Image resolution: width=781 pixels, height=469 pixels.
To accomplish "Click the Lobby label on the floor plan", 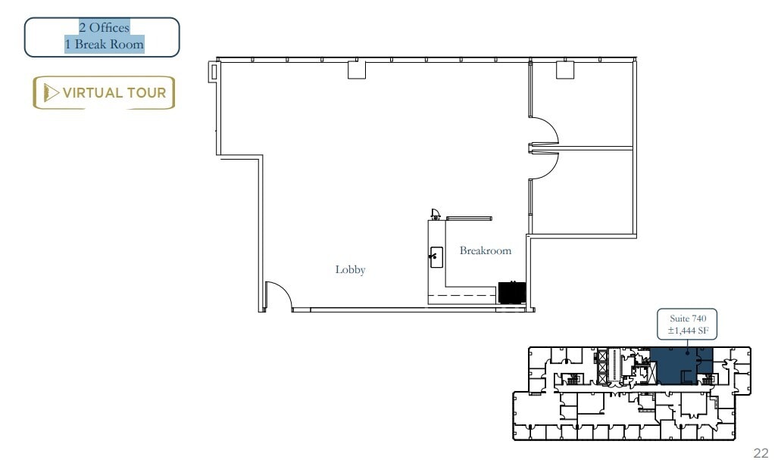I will pyautogui.click(x=350, y=270).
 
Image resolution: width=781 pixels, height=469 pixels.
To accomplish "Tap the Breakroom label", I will pyautogui.click(x=485, y=250).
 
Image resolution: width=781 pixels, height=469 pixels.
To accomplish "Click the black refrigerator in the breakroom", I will pyautogui.click(x=511, y=293).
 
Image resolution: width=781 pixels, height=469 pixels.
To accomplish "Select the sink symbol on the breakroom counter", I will pyautogui.click(x=436, y=257).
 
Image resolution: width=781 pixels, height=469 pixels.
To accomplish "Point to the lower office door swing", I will pyautogui.click(x=544, y=164).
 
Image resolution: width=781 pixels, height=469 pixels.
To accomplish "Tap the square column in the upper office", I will pyautogui.click(x=566, y=70).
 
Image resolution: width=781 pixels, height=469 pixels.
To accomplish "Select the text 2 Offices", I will pyautogui.click(x=103, y=28).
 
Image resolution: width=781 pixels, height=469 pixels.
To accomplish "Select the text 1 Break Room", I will pyautogui.click(x=103, y=44).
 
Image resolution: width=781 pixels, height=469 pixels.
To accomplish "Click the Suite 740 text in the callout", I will pyautogui.click(x=687, y=319).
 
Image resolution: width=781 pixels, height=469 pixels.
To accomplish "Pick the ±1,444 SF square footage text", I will pyautogui.click(x=687, y=331).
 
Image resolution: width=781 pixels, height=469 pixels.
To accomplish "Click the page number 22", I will pyautogui.click(x=760, y=453).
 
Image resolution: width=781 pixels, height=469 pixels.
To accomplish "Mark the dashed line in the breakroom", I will pyautogui.click(x=462, y=295).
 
